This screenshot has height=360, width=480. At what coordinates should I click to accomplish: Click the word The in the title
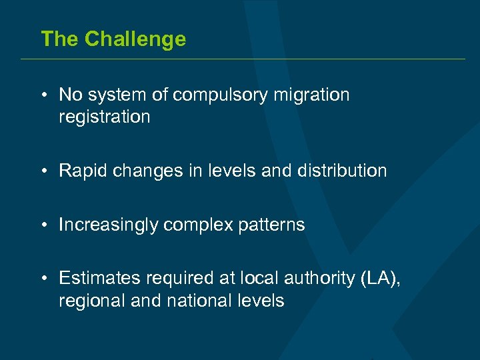pos(59,39)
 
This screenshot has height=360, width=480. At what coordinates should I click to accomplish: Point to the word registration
pos(105,117)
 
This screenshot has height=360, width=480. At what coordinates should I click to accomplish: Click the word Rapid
pos(83,171)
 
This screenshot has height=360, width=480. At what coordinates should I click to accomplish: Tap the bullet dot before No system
pos(43,95)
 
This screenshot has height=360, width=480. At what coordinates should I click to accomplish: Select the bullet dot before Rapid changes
pos(43,171)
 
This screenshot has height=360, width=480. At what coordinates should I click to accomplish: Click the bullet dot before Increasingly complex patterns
pos(43,225)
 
